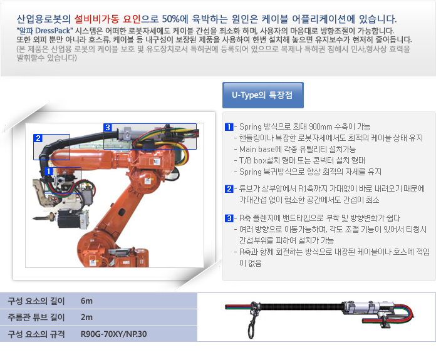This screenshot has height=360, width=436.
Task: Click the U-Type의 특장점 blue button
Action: [262, 95]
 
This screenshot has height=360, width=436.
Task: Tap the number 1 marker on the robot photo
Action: [49, 172]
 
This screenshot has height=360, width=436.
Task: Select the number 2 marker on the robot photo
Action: [38, 138]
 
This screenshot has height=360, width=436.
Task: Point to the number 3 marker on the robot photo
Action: [108, 127]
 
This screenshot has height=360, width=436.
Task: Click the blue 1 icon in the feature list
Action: [229, 126]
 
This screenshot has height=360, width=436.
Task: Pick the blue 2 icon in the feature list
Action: [229, 188]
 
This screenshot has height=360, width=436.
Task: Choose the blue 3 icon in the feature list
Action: [229, 219]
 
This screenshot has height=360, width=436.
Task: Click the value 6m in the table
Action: [86, 301]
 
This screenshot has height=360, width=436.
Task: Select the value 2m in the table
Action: [86, 317]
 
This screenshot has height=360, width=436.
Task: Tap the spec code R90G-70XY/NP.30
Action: [113, 334]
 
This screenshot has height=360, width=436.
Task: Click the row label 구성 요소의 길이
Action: [36, 301]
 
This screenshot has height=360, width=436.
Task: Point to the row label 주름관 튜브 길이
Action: [36, 317]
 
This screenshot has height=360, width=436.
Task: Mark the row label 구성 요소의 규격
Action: [36, 334]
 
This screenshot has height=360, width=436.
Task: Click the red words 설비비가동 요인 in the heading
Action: [107, 19]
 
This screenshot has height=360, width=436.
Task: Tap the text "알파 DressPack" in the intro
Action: [44, 31]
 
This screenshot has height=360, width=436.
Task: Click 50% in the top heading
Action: [171, 19]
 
